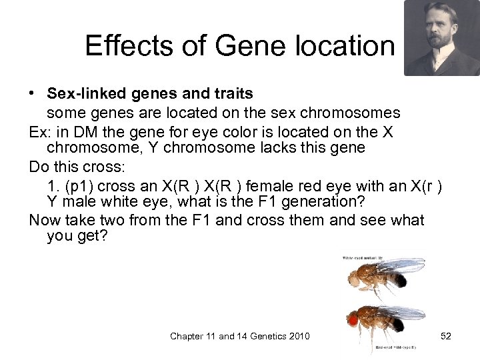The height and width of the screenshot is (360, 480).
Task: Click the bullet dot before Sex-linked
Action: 33,91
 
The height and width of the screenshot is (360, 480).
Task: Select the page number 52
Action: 445,336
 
